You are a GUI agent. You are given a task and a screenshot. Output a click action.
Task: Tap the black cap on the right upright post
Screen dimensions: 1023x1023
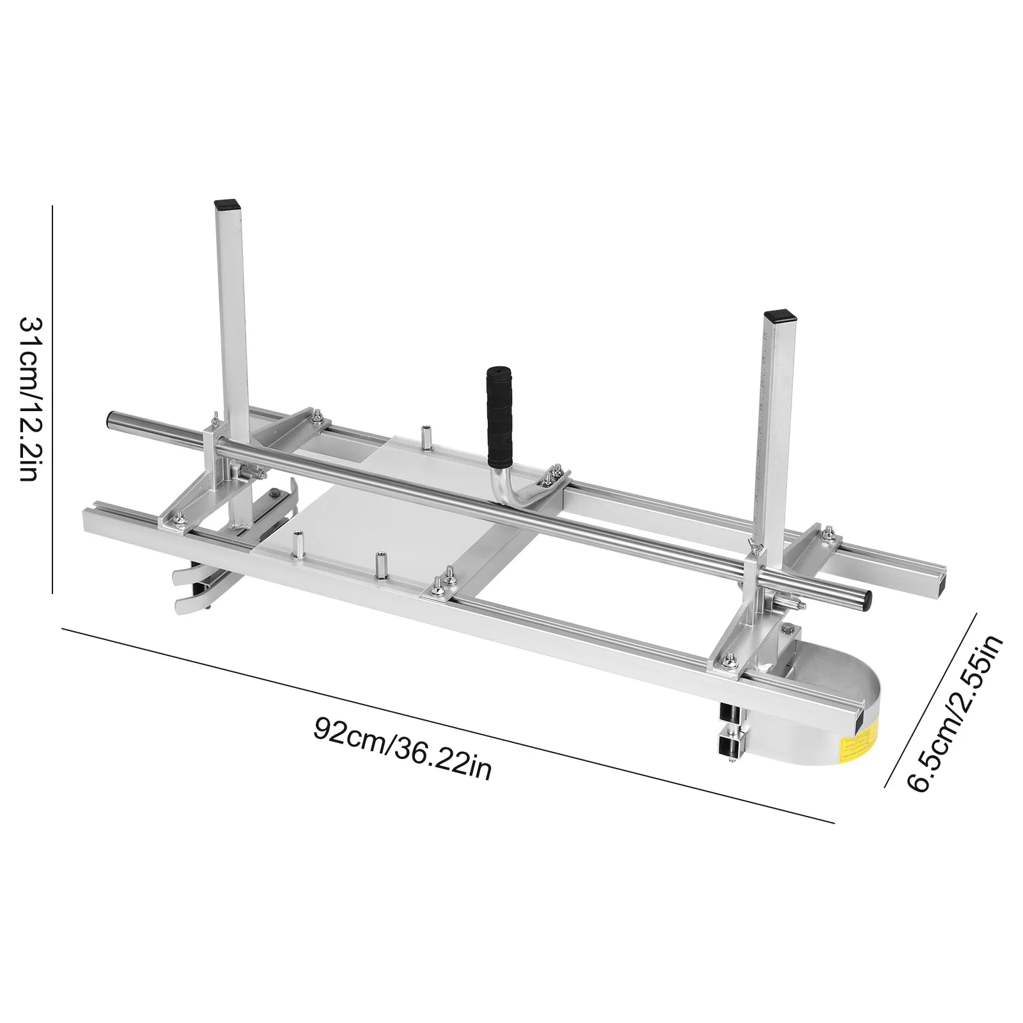click(777, 315)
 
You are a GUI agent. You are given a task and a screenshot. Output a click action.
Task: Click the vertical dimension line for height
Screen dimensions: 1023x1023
click(52, 396)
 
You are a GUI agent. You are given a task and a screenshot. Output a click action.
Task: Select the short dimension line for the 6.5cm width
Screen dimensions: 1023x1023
click(931, 700)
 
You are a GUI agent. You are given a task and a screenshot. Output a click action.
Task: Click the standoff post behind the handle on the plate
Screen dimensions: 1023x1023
click(423, 439)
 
